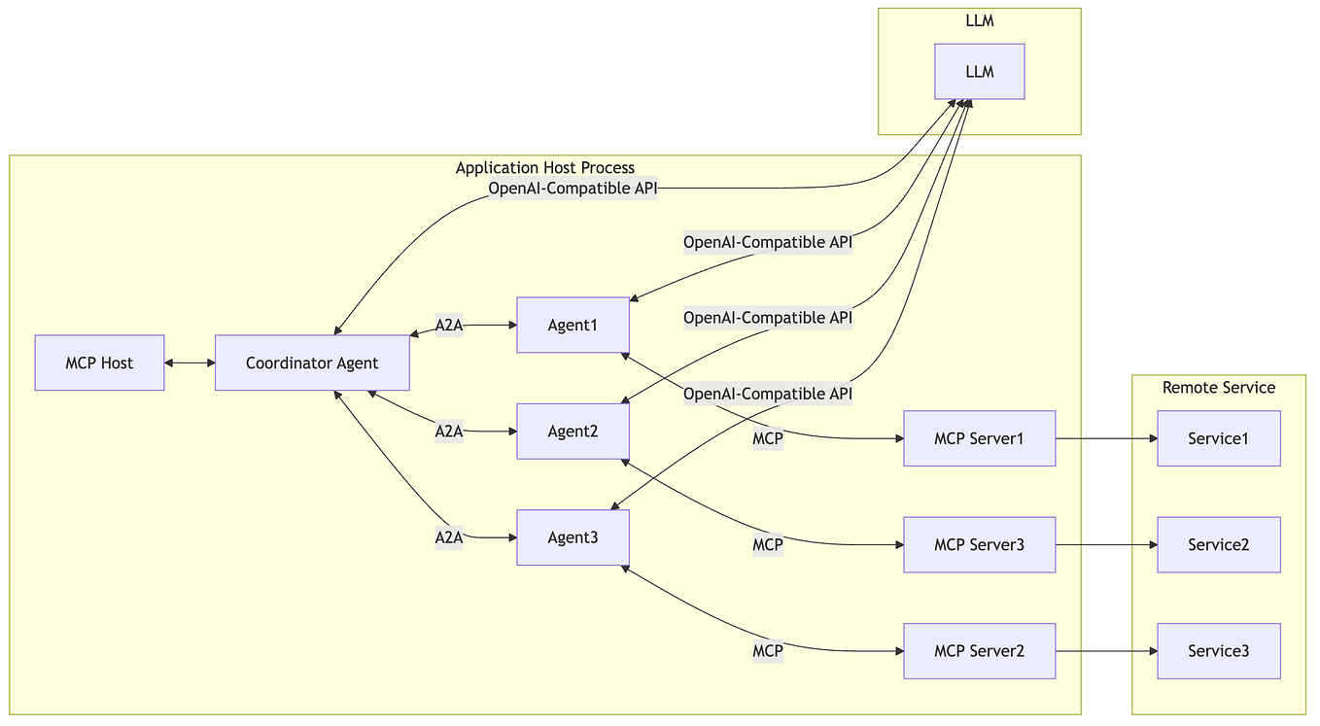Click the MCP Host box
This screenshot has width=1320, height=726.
(x=99, y=363)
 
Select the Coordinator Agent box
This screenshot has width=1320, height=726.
(x=312, y=363)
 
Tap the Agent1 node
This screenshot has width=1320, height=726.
(x=573, y=325)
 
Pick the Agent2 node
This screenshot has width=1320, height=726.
(x=573, y=432)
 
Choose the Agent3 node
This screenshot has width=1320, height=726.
(x=573, y=537)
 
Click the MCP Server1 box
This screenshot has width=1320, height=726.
(x=979, y=438)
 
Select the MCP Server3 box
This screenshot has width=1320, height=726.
(x=979, y=544)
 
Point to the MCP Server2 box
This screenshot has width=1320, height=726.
(x=979, y=651)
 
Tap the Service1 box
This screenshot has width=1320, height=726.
(x=1218, y=438)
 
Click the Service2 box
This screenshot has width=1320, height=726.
(x=1218, y=544)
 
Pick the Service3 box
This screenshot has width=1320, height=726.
(x=1218, y=651)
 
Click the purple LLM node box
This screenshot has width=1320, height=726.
(x=979, y=72)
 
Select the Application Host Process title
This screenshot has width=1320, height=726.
(x=544, y=168)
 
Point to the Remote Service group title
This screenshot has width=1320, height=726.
(x=1218, y=388)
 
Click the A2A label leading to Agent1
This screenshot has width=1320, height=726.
(x=448, y=326)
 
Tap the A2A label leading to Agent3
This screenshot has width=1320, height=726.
(x=448, y=537)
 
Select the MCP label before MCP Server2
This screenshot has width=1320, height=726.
(x=767, y=651)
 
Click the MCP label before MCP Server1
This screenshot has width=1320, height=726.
(x=767, y=439)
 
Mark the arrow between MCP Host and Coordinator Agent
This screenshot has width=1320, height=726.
(x=190, y=363)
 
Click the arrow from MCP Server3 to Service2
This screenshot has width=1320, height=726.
(x=1105, y=544)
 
